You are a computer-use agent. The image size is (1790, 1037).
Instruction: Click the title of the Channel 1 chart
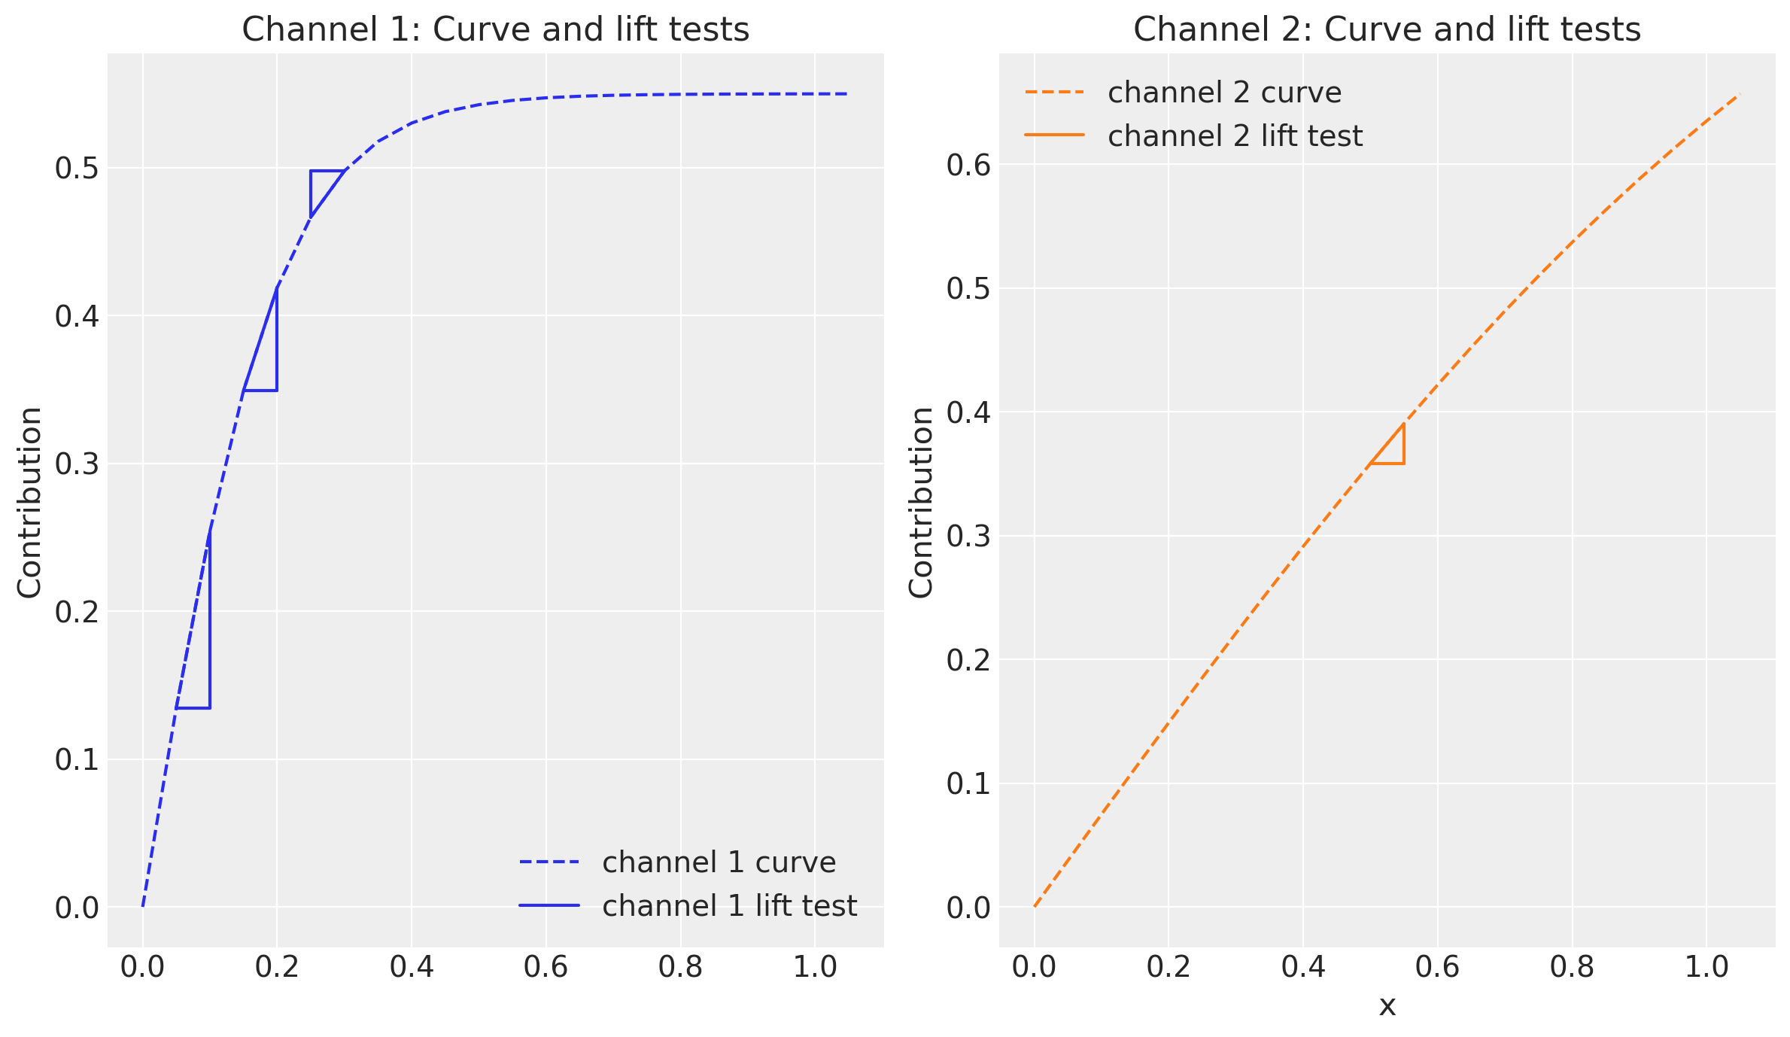[495, 30]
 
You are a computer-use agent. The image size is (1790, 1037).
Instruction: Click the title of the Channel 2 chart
[1387, 30]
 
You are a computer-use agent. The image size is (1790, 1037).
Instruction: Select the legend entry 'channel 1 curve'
[719, 862]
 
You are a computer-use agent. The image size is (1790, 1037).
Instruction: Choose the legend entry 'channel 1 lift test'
[729, 906]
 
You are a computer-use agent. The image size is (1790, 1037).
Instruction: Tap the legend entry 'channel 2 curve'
[1224, 93]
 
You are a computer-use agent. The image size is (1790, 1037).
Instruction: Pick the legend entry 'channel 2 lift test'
[1235, 136]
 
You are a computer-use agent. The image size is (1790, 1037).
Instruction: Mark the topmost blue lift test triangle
[321, 185]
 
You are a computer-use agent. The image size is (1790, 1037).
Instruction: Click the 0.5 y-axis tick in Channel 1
[77, 169]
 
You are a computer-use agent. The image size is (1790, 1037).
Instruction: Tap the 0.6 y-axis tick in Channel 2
[968, 166]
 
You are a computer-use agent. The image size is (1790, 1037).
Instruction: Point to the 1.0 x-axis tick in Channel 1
[815, 967]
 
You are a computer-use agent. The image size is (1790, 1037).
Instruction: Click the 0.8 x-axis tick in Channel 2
[1572, 967]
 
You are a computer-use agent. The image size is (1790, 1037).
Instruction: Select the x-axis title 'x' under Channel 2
[1387, 1006]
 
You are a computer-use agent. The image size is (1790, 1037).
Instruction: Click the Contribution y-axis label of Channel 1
[30, 503]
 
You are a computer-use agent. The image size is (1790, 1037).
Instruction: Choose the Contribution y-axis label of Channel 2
[921, 503]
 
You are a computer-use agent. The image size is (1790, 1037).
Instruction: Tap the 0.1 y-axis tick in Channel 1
[77, 760]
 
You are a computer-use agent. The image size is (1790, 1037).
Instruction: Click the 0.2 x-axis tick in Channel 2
[1169, 967]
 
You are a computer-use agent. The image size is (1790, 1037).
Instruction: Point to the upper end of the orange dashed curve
[1739, 95]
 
